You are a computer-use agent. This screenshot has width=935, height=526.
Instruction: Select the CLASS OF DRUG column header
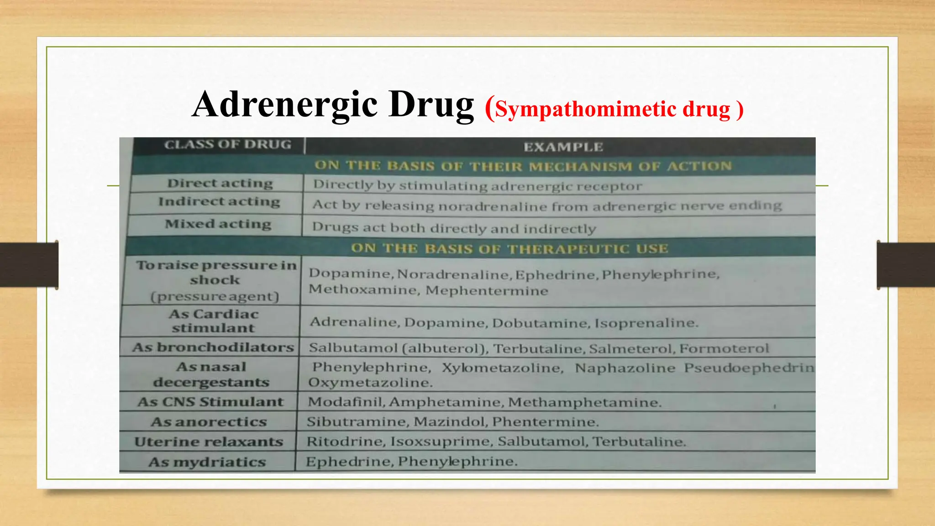tap(227, 145)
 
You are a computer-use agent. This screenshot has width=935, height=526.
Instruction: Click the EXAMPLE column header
tap(563, 147)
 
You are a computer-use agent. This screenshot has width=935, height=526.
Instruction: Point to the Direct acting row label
tap(220, 184)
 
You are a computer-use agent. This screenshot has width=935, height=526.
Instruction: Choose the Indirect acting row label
tap(219, 202)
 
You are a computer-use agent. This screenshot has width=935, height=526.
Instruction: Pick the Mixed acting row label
tap(218, 224)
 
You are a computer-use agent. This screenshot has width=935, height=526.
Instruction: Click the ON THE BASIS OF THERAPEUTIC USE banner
tap(509, 249)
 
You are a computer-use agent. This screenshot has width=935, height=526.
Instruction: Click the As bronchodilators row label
tap(213, 347)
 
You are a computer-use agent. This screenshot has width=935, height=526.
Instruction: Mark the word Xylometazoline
tap(502, 368)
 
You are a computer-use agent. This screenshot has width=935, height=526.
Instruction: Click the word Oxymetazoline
tap(370, 383)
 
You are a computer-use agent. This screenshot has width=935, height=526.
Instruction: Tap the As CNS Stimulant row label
tap(210, 402)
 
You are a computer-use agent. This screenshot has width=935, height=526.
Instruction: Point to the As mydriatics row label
tap(207, 462)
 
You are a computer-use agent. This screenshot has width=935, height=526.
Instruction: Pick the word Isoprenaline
tap(646, 323)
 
